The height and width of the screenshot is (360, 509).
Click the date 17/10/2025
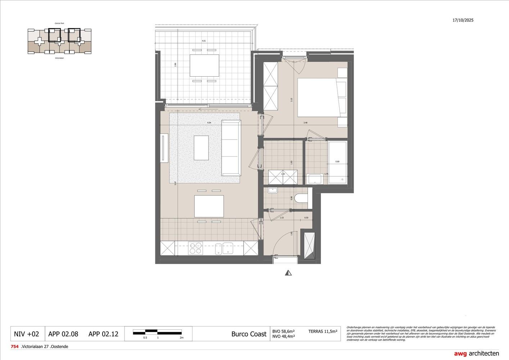click(463, 20)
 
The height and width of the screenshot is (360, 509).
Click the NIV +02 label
click(26, 334)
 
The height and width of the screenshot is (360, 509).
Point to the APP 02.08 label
click(63, 334)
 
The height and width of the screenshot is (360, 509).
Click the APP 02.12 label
click(103, 334)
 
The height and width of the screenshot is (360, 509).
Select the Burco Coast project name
click(249, 334)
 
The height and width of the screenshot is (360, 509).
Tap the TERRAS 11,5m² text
click(323, 331)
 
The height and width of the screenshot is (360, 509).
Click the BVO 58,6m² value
click(284, 331)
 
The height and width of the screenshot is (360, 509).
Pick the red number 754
click(15, 347)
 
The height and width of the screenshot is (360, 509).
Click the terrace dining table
click(204, 66)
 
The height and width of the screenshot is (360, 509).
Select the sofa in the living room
click(231, 148)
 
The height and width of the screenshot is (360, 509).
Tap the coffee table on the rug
click(201, 148)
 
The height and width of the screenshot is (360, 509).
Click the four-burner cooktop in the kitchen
click(196, 249)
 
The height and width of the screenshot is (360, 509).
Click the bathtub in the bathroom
click(337, 163)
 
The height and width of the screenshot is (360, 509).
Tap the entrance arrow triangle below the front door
click(288, 273)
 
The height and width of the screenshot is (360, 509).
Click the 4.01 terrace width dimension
click(204, 41)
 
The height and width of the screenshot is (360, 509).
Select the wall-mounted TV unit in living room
click(164, 148)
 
